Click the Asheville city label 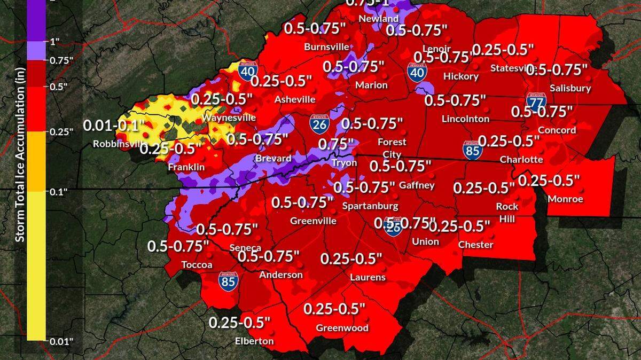tap(294, 99)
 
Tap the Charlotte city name tap(521, 159)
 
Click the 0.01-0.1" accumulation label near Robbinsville tap(114, 127)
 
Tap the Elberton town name tap(254, 341)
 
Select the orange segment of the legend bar tap(36, 161)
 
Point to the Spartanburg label tap(370, 206)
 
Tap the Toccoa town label tap(197, 265)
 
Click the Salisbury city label tap(573, 88)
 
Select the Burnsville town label tap(326, 47)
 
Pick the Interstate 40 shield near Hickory tap(417, 72)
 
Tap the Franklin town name tap(186, 167)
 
